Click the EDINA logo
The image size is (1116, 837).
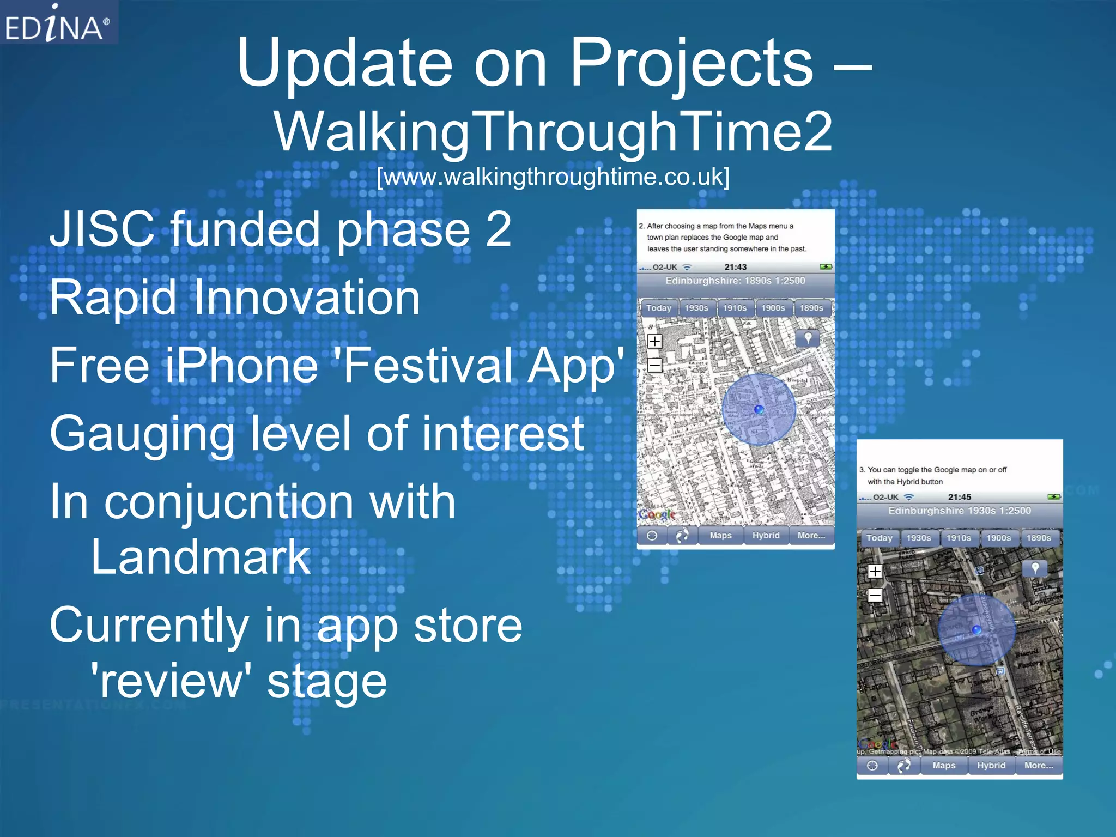coord(57,25)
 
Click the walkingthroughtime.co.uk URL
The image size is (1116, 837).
coord(553,177)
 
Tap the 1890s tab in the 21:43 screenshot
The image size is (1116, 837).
coord(811,308)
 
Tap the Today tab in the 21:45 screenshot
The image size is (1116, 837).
coord(879,538)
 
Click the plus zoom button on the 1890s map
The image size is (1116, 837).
coord(654,342)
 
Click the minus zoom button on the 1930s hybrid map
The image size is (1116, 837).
coord(875,596)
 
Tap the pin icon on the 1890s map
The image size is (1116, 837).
coord(808,338)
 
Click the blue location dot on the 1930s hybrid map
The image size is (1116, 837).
coord(976,630)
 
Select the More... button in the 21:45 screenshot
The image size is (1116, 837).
coord(1038,766)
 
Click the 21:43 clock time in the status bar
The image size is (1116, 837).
coord(735,267)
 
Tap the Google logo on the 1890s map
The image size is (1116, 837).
coord(657,514)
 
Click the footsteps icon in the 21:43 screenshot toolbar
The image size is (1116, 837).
coord(681,536)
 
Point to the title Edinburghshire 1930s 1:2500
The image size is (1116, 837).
coord(959,511)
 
